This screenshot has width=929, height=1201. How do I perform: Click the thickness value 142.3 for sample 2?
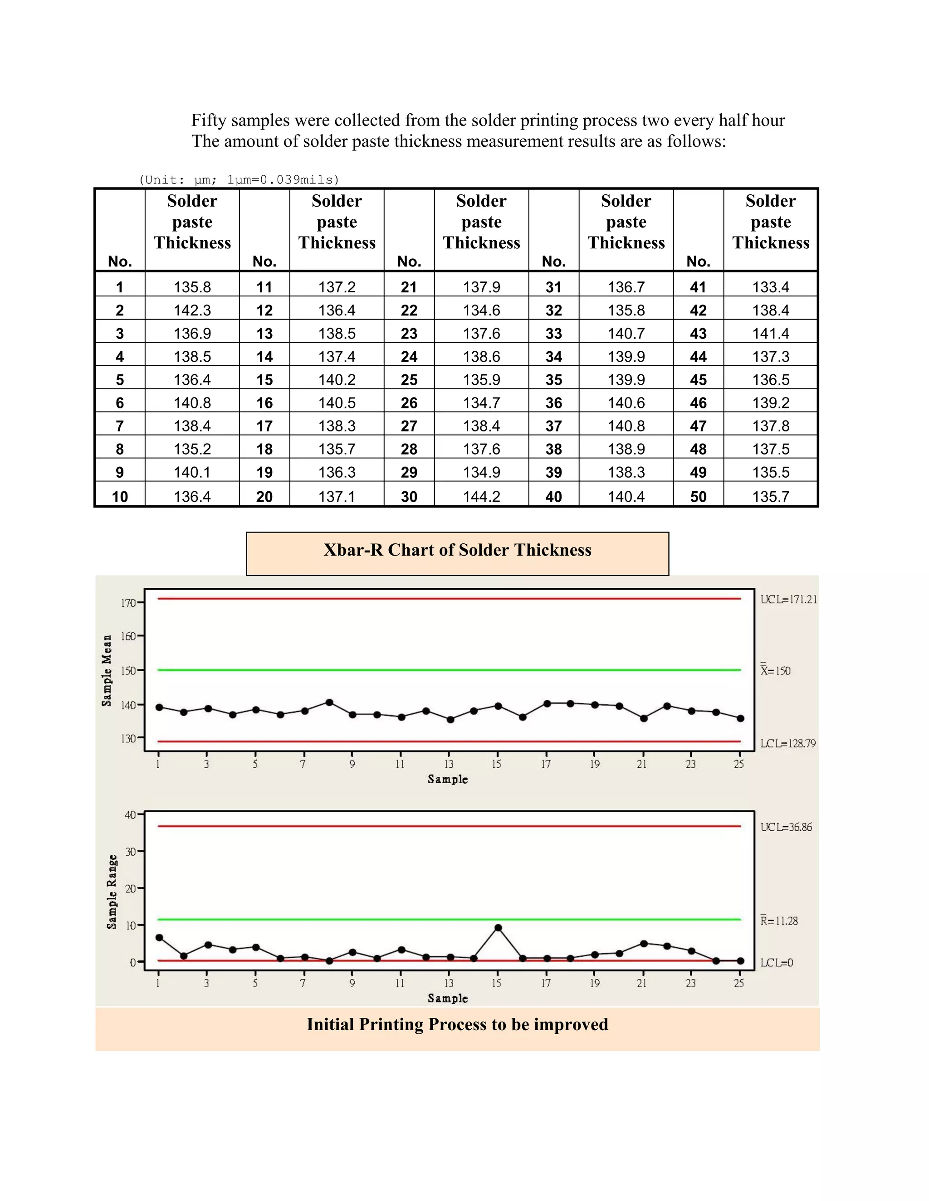click(192, 310)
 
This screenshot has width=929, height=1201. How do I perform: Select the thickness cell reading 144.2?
click(482, 497)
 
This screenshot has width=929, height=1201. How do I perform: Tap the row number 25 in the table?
click(409, 380)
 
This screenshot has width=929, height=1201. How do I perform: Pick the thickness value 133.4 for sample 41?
click(771, 287)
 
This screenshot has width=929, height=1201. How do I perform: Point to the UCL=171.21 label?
click(788, 600)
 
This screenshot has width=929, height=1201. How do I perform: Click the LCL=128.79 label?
click(787, 743)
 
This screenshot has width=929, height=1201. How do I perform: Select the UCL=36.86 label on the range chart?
click(786, 827)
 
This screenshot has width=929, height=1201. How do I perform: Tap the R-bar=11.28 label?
click(779, 920)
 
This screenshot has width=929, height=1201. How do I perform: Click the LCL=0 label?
click(777, 962)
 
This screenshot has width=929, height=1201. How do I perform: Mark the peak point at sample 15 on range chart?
click(498, 928)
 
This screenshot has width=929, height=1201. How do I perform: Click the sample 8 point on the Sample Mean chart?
click(329, 702)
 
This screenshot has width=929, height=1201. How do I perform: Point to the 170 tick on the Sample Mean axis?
click(127, 603)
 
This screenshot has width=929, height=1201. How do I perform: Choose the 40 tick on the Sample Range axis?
click(130, 815)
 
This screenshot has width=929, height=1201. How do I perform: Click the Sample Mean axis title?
click(107, 671)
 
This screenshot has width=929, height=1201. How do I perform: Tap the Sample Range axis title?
click(112, 891)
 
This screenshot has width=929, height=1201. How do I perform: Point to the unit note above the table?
click(239, 180)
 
